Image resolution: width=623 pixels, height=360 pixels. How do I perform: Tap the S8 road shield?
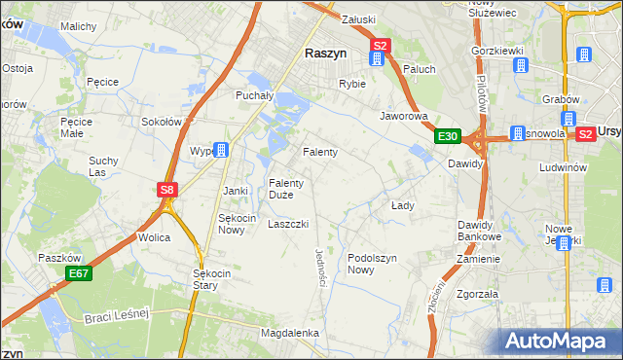point(167,191)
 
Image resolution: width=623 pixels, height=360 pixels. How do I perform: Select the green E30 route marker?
point(447,137)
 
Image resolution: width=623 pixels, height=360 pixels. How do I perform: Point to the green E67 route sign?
point(79,275)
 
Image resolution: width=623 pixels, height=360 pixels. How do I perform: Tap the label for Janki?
point(237,191)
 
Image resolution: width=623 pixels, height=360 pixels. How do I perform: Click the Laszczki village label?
point(288,224)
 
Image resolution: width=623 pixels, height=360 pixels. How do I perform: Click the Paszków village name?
point(57,258)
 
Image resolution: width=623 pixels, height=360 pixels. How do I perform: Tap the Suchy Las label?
point(103,166)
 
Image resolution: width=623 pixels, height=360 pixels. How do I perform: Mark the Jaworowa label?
point(404,115)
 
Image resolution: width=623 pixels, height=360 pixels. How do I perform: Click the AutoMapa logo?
point(559,341)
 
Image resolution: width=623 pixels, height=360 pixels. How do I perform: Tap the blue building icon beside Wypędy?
point(222,150)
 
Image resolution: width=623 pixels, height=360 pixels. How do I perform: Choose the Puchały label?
point(256,95)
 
